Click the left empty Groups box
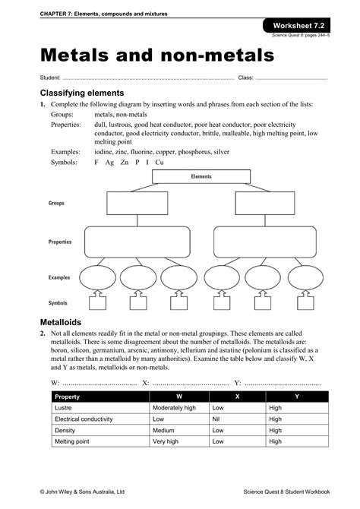(131, 204)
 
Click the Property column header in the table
(68, 397)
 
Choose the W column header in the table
(178, 397)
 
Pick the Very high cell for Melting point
(166, 441)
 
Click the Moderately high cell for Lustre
(174, 408)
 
